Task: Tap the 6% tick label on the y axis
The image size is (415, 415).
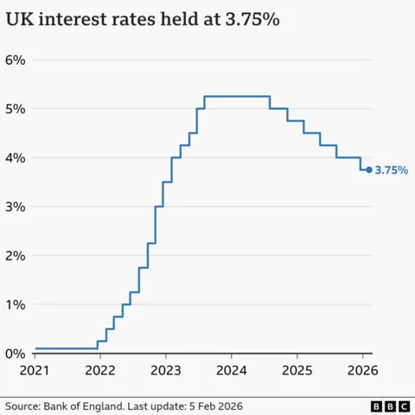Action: point(16,60)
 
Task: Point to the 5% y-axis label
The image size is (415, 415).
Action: point(16,109)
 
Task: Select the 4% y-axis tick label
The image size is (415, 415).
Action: point(16,158)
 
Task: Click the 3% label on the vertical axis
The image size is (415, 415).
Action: point(16,207)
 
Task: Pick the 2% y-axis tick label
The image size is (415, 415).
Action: point(16,256)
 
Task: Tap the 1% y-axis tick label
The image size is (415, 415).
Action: point(16,304)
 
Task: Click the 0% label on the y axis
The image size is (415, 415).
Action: point(16,354)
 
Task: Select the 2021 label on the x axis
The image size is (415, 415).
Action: point(35,371)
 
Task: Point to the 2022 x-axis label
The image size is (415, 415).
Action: point(100,371)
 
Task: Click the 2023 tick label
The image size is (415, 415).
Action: point(166,371)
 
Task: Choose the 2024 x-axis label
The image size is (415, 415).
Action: point(232,371)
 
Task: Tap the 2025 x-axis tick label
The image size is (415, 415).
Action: point(297,371)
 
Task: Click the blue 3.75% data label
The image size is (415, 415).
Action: point(391,171)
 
